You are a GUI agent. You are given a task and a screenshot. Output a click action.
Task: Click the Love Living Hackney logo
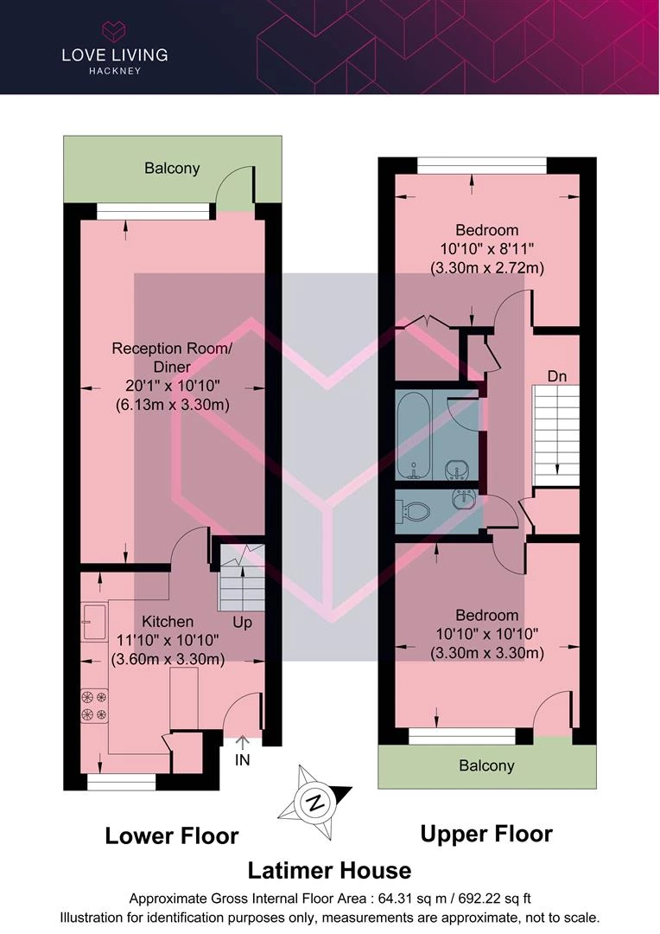coord(115,48)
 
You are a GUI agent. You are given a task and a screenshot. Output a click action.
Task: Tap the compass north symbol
coord(315,802)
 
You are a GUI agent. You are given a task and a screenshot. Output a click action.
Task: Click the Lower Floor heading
coord(171,835)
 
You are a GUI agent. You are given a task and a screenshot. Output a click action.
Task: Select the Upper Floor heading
coord(486,834)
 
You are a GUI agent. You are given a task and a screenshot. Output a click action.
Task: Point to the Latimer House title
coord(329,870)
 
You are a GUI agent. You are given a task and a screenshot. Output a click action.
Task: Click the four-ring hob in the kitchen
coord(94,706)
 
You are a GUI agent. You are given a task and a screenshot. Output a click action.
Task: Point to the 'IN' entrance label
coord(242,760)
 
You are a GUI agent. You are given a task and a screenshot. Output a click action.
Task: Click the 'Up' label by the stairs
coord(242,623)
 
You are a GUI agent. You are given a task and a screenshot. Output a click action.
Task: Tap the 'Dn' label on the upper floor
coord(557,376)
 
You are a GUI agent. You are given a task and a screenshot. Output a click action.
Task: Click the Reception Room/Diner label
coord(172,357)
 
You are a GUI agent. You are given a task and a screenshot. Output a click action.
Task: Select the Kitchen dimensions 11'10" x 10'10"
coord(168,640)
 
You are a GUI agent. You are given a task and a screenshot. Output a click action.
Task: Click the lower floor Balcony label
coord(172,169)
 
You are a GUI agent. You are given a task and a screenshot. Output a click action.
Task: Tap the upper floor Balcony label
coord(486,766)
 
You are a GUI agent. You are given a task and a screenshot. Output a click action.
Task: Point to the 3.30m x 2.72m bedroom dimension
coord(487,268)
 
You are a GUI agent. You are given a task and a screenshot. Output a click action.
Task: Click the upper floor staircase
coord(555,435)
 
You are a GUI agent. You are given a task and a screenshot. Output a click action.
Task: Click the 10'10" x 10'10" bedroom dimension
coord(487,635)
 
